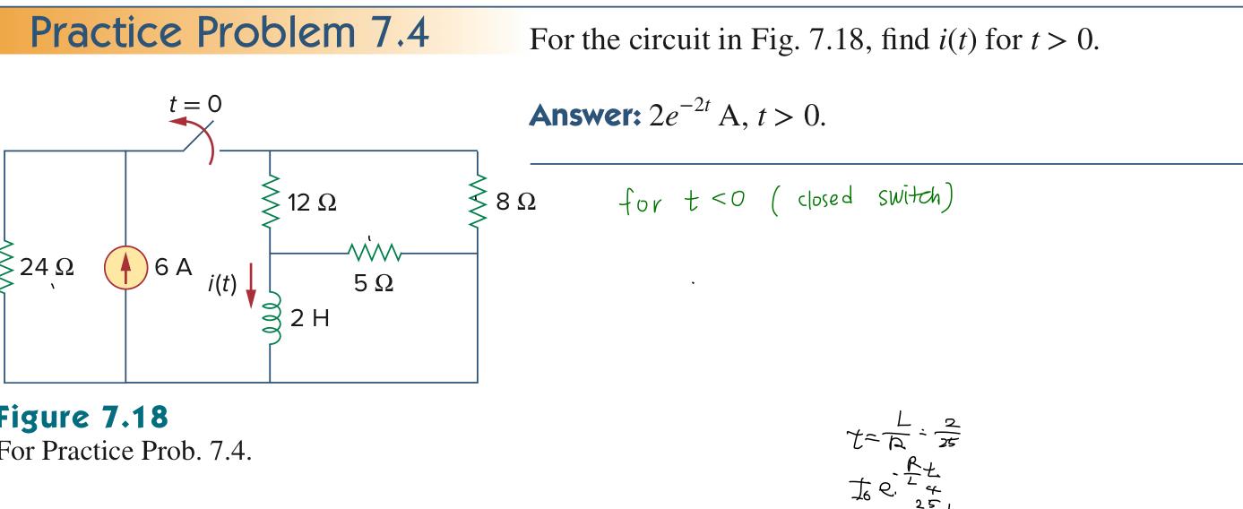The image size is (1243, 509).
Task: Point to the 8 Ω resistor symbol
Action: pos(476,203)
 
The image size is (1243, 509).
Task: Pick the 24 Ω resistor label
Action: pos(52,267)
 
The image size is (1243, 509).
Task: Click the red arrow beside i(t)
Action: pos(251,283)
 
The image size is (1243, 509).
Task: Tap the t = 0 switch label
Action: pos(194,104)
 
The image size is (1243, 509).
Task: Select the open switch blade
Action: pos(199,140)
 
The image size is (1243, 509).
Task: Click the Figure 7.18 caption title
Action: pos(83,418)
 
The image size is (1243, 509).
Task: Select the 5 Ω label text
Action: pos(373,284)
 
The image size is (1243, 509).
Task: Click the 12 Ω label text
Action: pos(313,203)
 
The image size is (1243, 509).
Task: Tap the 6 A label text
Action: pos(174,267)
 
